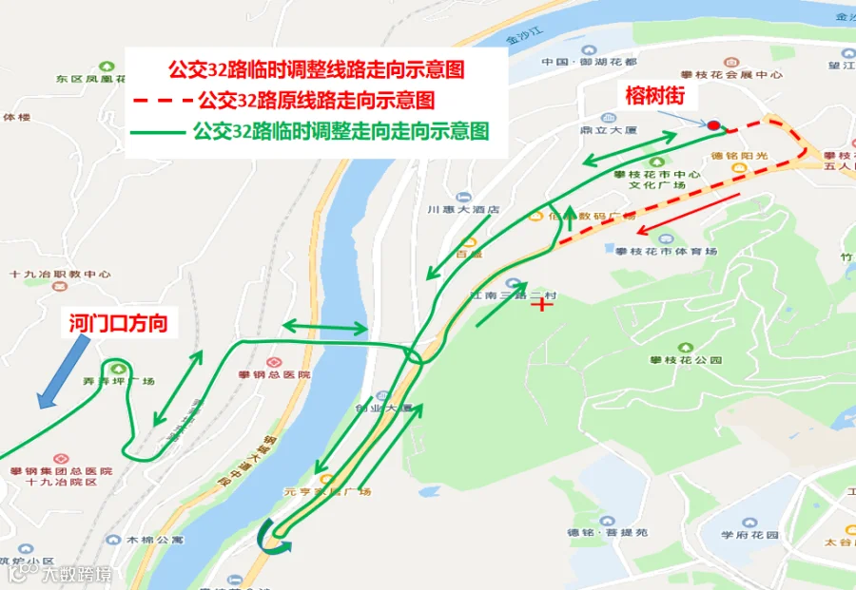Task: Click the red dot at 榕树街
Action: click(713, 124)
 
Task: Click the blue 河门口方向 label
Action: click(118, 323)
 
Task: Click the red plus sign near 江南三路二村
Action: click(541, 305)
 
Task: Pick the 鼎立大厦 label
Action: click(605, 130)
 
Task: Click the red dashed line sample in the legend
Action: click(161, 100)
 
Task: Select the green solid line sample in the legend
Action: click(157, 131)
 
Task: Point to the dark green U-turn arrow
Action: click(277, 539)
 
